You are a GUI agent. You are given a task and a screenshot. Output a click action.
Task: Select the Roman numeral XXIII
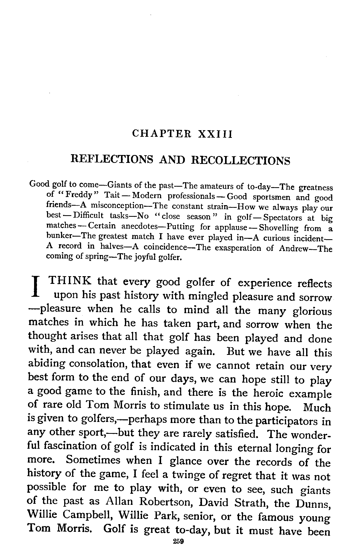click(x=215, y=134)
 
